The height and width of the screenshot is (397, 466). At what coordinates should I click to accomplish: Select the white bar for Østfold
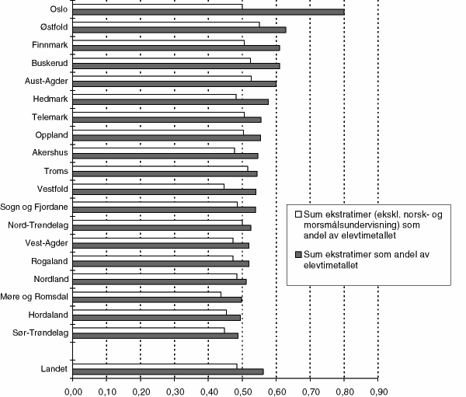coord(166,24)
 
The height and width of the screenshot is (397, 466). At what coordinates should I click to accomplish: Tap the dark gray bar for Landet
coord(168,371)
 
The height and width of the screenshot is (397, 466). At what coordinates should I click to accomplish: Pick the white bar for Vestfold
coord(148,186)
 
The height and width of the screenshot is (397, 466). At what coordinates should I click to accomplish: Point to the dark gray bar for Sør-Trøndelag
coord(155,336)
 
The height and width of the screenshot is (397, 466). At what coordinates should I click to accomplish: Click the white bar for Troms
coord(160,168)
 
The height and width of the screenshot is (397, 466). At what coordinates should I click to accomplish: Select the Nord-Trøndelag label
coord(39,225)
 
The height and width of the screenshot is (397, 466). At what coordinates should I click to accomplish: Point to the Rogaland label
coord(49,261)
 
